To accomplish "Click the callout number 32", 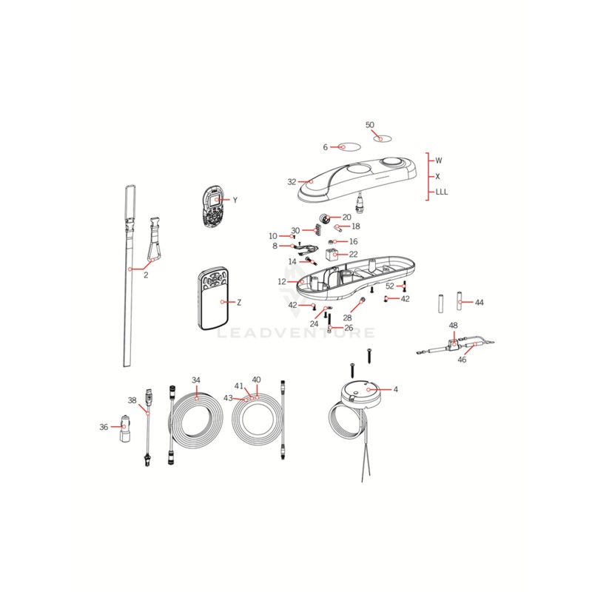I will [292, 181].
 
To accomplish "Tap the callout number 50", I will [370, 125].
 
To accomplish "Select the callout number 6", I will [325, 147].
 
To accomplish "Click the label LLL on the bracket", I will [442, 192].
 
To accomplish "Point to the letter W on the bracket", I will [438, 160].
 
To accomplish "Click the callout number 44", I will [480, 303].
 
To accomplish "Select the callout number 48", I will [453, 325].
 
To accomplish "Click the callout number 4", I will [395, 389].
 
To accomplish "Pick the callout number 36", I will [104, 426].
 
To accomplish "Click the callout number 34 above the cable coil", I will [196, 380].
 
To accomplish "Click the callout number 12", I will [282, 282].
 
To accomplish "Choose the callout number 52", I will [390, 286].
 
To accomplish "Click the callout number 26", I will [349, 327].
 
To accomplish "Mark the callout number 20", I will [346, 218].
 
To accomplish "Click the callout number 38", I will [132, 400].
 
